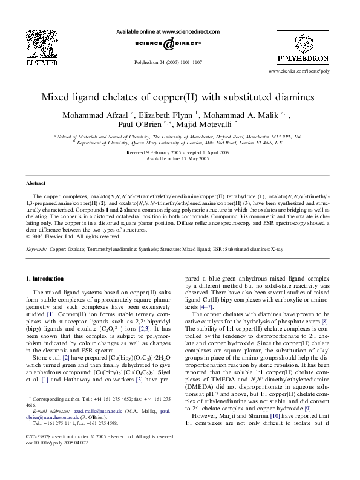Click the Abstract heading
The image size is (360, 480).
(x=36, y=182)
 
